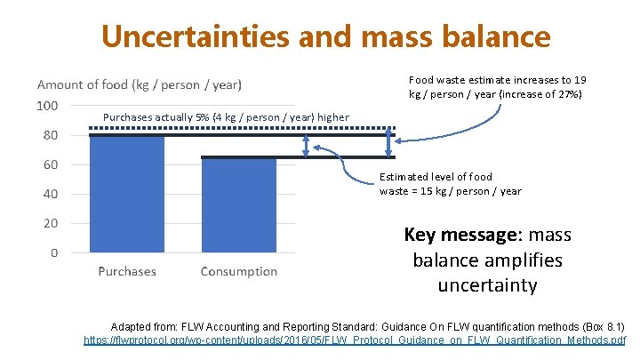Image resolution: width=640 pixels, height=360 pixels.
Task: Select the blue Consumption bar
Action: click(238, 204)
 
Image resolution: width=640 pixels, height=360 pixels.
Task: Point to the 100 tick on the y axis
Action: click(47, 106)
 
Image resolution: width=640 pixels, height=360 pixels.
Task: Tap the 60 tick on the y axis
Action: click(51, 164)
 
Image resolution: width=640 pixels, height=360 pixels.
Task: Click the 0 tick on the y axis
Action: click(54, 252)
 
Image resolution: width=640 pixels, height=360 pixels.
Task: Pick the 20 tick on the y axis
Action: click(51, 223)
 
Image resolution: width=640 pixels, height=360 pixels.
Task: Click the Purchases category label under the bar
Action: click(127, 271)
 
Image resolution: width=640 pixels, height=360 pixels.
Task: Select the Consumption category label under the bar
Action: click(238, 271)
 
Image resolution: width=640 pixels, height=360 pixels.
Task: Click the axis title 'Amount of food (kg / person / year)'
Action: click(139, 84)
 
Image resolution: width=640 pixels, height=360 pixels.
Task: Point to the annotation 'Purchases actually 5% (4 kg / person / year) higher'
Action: click(227, 117)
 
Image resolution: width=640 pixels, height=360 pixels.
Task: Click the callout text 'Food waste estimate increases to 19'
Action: click(497, 80)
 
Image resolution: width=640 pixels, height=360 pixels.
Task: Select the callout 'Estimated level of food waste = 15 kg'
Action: click(450, 184)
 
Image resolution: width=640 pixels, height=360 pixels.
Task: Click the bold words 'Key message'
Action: click(460, 236)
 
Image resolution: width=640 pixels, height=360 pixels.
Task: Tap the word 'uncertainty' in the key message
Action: click(487, 285)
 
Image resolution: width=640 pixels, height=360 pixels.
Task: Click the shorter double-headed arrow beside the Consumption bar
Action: click(307, 147)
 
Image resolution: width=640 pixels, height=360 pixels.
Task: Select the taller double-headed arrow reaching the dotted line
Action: click(388, 142)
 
